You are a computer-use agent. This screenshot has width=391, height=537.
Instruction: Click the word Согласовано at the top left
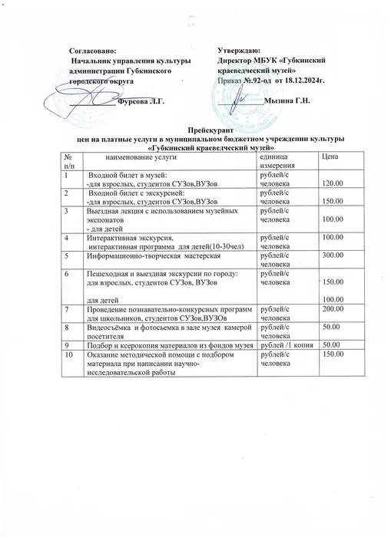91,48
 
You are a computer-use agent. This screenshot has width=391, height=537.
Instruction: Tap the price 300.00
333,255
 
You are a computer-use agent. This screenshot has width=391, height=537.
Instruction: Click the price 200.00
333,308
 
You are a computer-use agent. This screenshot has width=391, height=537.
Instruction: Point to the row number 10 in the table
69,355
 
